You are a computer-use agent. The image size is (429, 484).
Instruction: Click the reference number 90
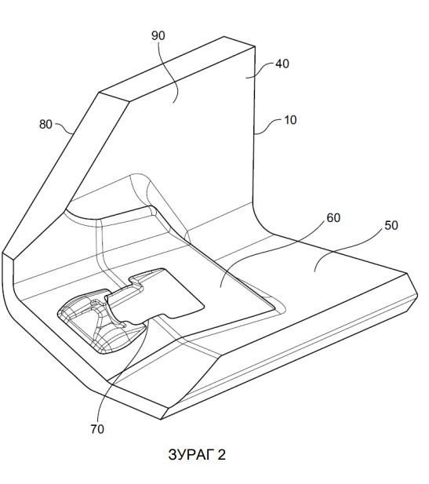pyautogui.click(x=158, y=36)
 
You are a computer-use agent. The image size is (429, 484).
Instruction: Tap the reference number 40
pyautogui.click(x=282, y=64)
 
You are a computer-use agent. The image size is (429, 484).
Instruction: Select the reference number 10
pyautogui.click(x=290, y=120)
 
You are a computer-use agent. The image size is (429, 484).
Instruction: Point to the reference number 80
pyautogui.click(x=45, y=125)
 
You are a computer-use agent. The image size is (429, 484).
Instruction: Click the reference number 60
pyautogui.click(x=333, y=218)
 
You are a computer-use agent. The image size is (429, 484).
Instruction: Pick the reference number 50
pyautogui.click(x=391, y=226)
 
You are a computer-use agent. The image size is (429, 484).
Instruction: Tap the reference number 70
pyautogui.click(x=97, y=429)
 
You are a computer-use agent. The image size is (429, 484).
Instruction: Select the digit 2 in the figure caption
pyautogui.click(x=222, y=455)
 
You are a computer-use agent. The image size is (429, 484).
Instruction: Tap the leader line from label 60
pyautogui.click(x=271, y=247)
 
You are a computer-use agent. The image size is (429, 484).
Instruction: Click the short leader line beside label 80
pyautogui.click(x=64, y=127)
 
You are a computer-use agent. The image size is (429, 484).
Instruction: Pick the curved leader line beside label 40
pyautogui.click(x=261, y=70)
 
